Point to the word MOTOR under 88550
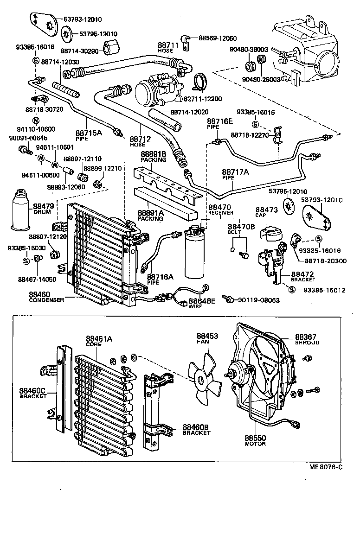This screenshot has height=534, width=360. coord(255,444)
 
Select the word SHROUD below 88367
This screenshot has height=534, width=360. coord(307,343)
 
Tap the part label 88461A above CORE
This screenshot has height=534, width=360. coord(99,339)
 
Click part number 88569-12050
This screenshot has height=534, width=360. coord(218,38)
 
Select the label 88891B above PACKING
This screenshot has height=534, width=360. coord(153,153)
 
